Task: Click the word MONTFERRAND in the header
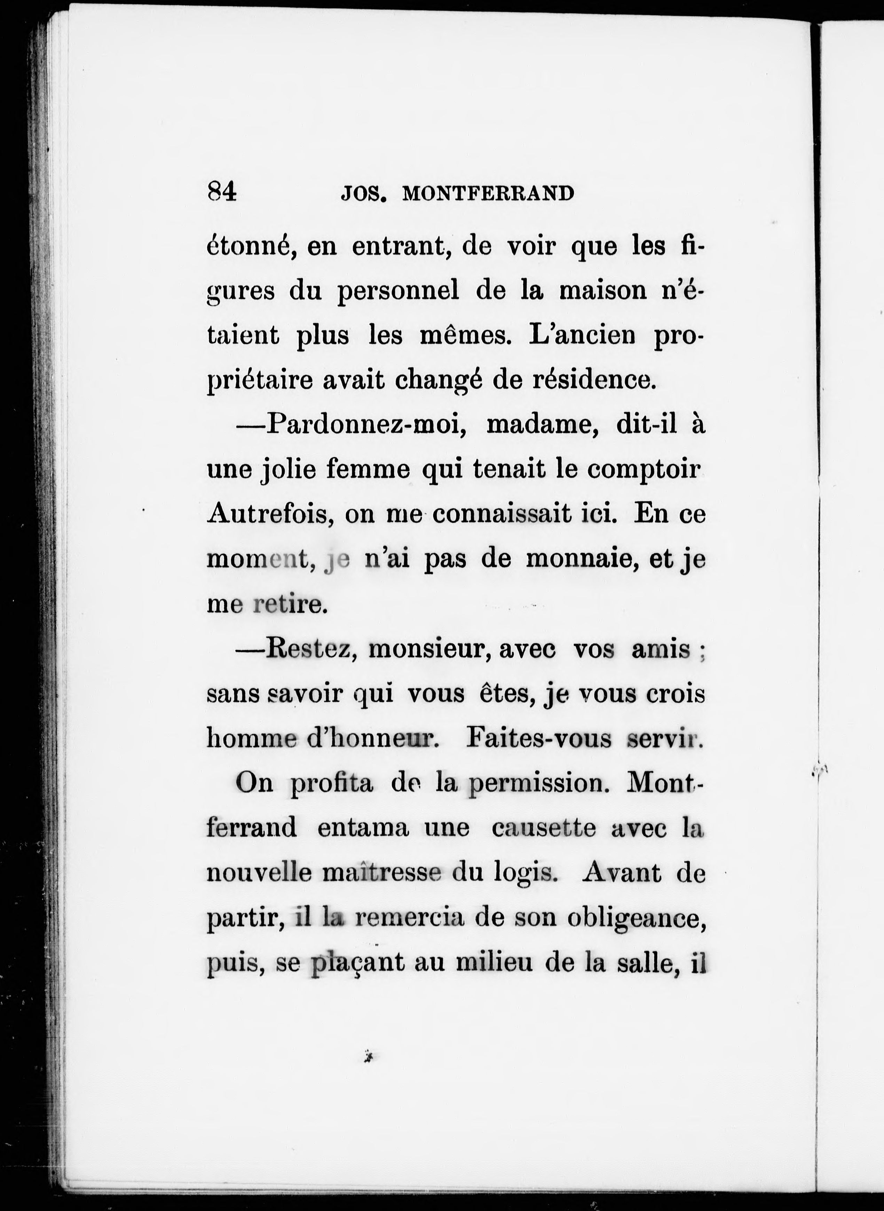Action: pos(488,193)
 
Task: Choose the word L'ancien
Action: pos(582,335)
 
